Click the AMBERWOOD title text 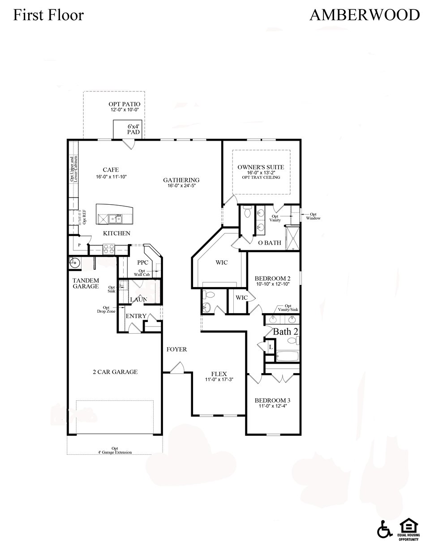pos(364,15)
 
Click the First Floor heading pos(48,15)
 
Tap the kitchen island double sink pos(115,219)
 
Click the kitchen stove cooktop pos(108,249)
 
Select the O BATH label pos(269,243)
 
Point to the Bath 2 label pos(286,332)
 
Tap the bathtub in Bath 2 pos(287,357)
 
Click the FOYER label pos(176,349)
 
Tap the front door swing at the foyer pos(177,368)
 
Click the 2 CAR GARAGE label pos(115,372)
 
